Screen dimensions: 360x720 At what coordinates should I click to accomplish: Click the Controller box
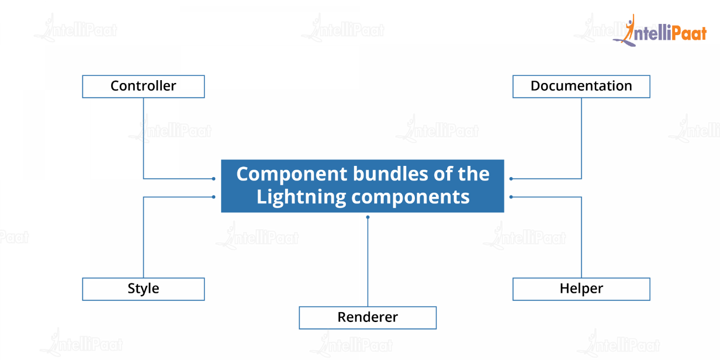point(143,86)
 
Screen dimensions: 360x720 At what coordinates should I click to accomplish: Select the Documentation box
point(581,86)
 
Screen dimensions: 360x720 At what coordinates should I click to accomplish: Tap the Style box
point(143,289)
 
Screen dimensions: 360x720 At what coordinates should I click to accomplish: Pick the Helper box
point(581,289)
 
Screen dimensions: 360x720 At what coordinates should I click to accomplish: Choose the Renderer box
point(367,317)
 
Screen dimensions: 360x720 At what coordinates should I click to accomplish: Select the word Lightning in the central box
point(301,197)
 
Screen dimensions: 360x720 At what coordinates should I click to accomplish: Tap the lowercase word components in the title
point(410,197)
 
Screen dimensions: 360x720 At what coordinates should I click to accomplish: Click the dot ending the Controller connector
point(213,179)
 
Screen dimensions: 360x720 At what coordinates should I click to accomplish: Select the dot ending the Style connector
point(213,197)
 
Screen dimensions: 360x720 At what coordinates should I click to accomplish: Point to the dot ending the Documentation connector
point(511,179)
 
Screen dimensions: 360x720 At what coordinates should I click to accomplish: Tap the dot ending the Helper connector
point(511,197)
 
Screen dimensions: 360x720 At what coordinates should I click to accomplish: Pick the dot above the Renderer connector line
point(367,217)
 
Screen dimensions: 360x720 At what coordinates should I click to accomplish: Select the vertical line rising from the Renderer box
point(367,262)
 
